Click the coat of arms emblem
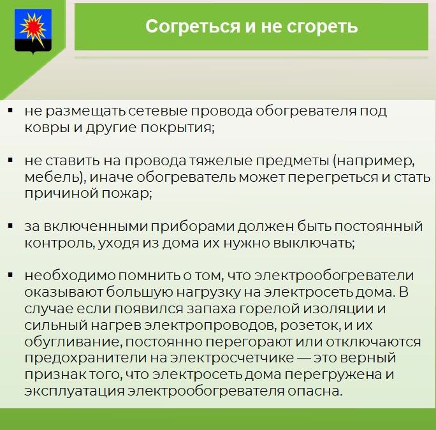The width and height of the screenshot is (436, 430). [33, 31]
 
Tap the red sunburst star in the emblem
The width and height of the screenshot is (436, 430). [33, 28]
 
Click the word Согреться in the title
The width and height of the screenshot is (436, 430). [193, 26]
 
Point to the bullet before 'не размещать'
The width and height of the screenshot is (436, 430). [11, 111]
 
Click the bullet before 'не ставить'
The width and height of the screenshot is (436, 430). [11, 160]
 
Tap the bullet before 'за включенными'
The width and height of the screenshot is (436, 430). [11, 226]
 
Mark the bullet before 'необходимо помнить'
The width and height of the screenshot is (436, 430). [11, 275]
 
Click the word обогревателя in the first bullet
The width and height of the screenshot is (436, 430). [306, 111]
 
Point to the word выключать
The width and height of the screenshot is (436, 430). [314, 243]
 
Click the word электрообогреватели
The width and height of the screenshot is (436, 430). [334, 276]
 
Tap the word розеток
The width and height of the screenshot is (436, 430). [310, 325]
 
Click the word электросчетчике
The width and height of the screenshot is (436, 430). [231, 358]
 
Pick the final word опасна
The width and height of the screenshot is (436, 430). [315, 391]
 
